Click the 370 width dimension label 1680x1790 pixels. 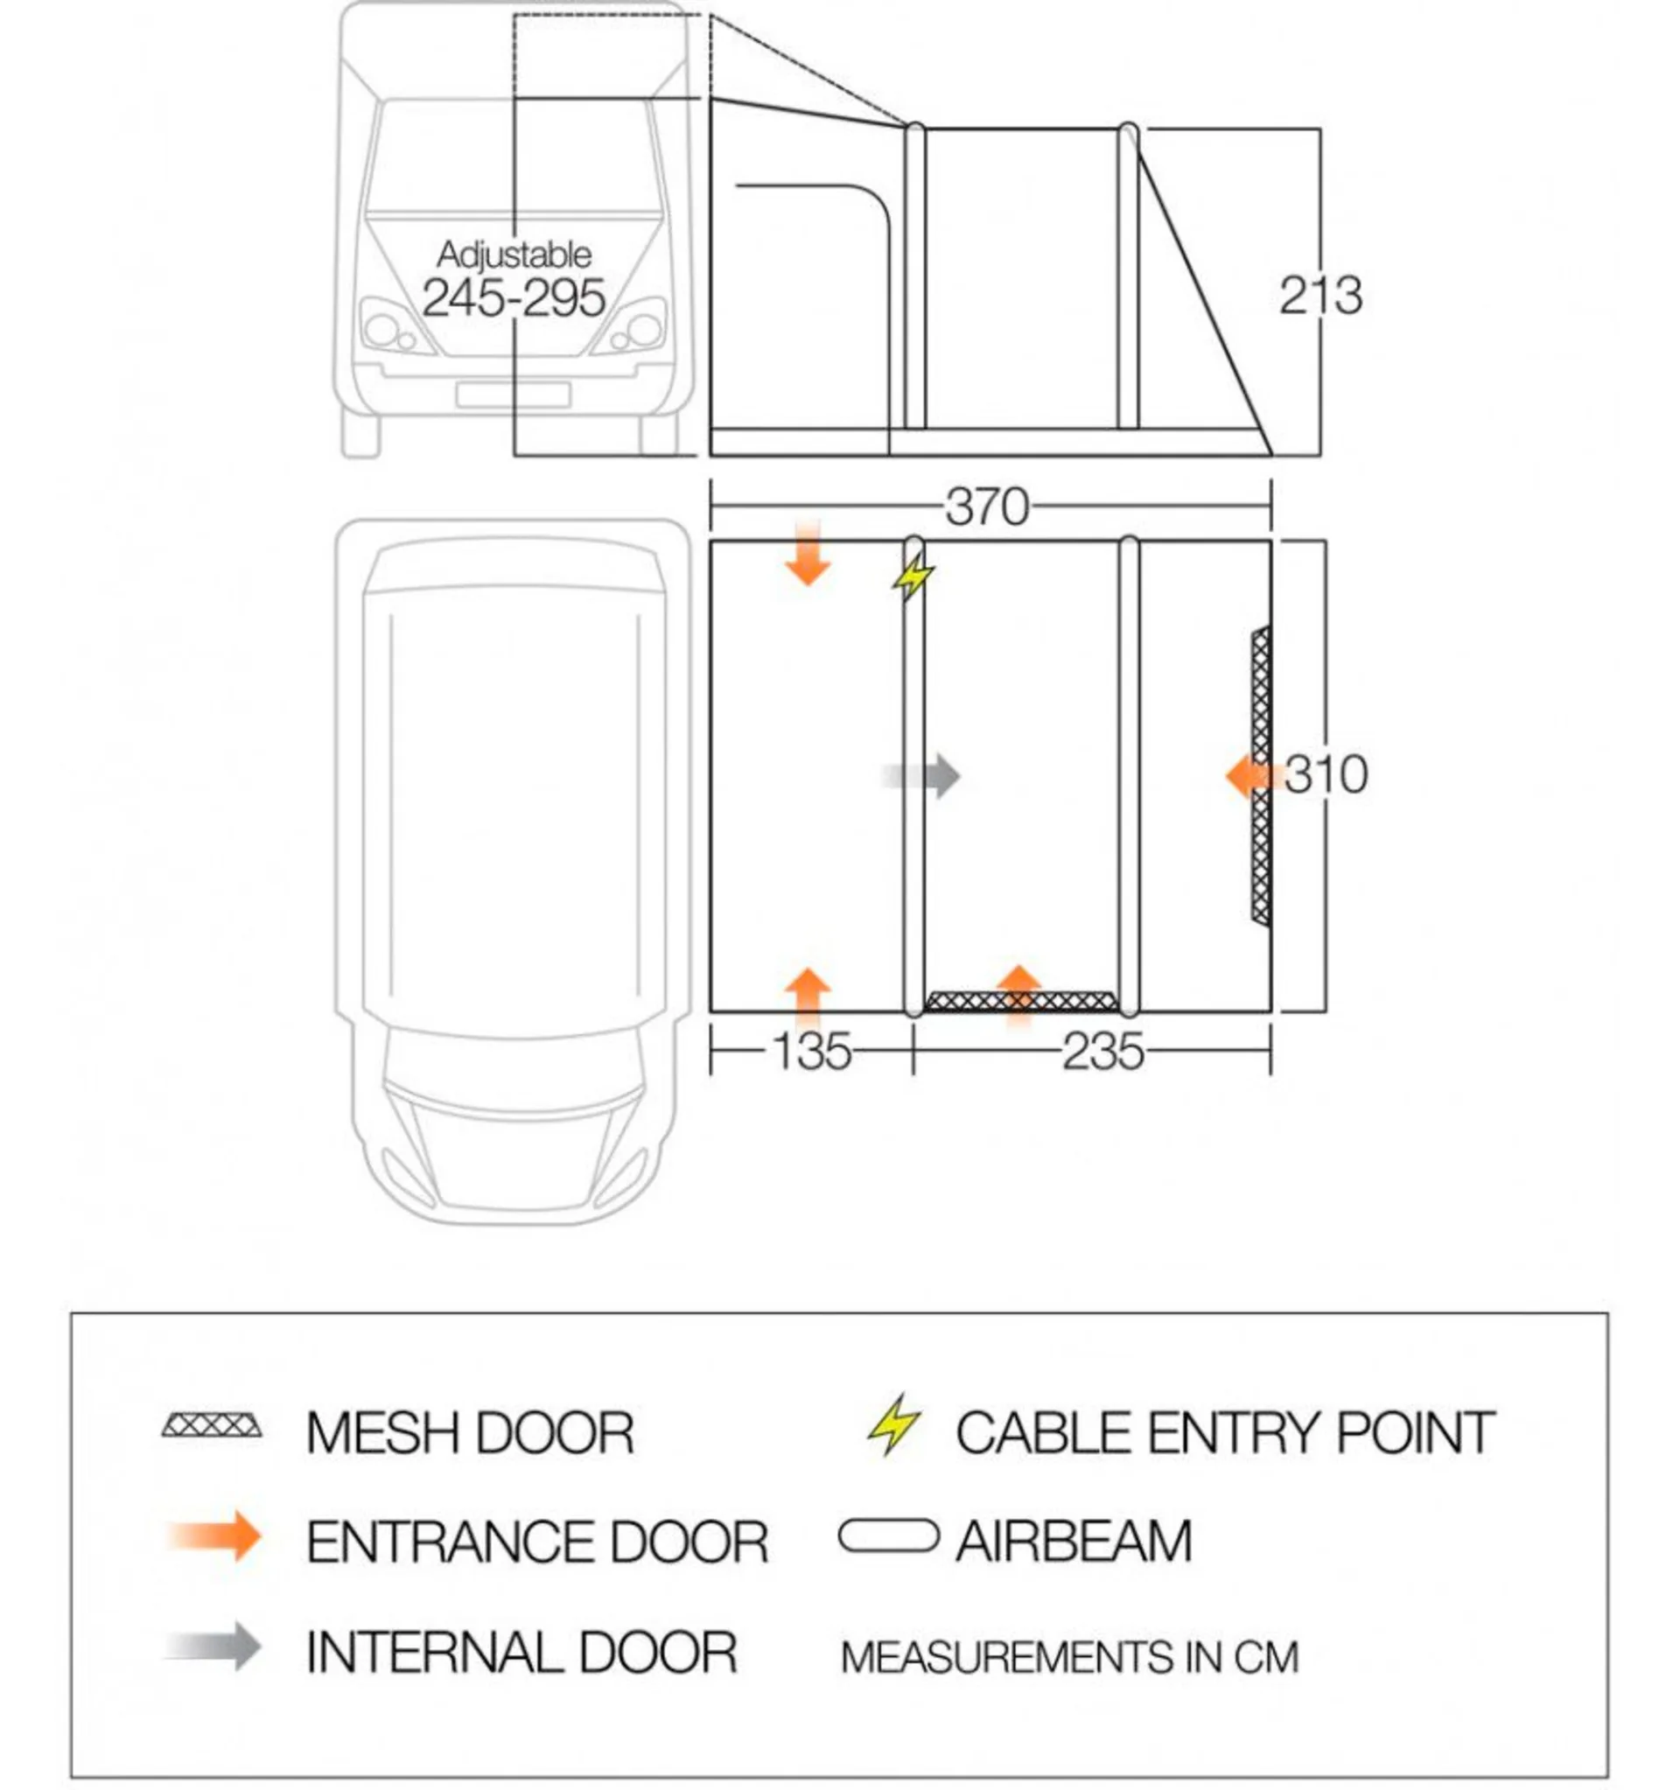click(x=987, y=507)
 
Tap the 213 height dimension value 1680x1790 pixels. click(x=1320, y=296)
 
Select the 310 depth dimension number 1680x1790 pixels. click(x=1326, y=774)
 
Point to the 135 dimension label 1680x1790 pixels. click(x=811, y=1051)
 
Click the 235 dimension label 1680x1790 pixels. click(x=1102, y=1051)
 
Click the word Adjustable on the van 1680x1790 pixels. click(x=514, y=255)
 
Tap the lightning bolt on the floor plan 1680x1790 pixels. click(x=913, y=577)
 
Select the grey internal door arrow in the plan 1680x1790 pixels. click(x=921, y=775)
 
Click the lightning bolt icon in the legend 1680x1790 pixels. click(x=893, y=1424)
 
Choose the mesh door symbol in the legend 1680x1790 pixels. click(x=213, y=1426)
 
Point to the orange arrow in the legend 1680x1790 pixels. click(x=214, y=1536)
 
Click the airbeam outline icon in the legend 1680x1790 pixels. click(x=888, y=1536)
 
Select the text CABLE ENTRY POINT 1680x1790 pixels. click(x=1224, y=1432)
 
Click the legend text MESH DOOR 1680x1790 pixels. click(x=470, y=1432)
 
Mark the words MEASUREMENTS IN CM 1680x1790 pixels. click(x=1069, y=1658)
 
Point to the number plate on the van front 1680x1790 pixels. click(x=513, y=395)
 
